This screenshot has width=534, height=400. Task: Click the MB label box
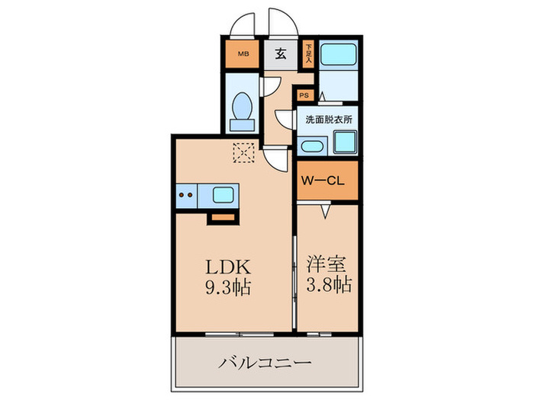pos(243,53)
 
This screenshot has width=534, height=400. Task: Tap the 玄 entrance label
pos(280,54)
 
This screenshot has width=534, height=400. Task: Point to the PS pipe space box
pos(304,95)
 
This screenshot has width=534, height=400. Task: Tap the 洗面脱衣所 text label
pos(328,120)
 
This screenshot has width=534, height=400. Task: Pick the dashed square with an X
pos(243,153)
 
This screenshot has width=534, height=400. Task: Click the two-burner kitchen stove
pos(186,195)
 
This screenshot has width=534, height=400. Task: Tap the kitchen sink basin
pos(223,195)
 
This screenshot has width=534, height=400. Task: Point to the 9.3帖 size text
pos(226,290)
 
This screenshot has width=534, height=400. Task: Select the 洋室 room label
pos(327,266)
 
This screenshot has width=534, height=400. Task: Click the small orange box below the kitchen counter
pos(223,216)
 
